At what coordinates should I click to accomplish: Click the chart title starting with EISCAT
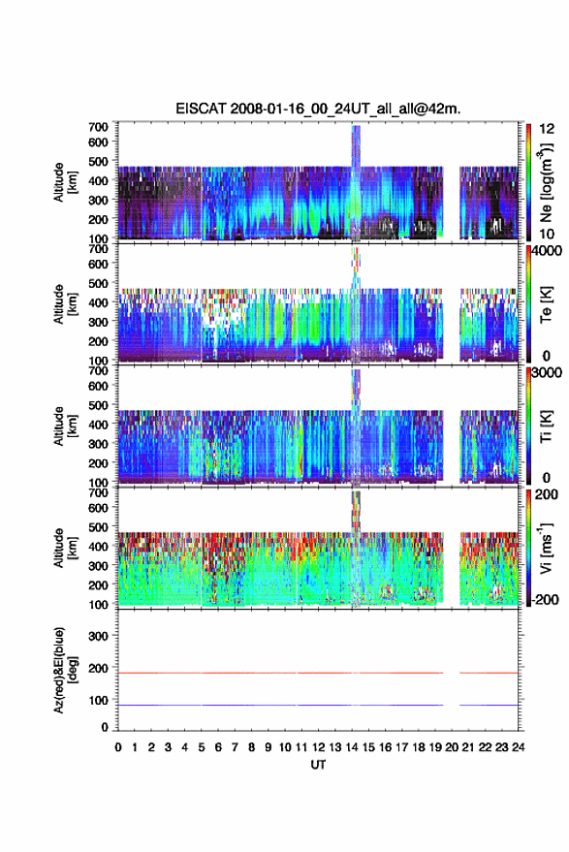tap(318, 109)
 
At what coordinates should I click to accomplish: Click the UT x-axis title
tap(318, 765)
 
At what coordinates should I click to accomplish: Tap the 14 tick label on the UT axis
tap(352, 747)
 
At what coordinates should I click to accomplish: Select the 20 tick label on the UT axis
tap(452, 747)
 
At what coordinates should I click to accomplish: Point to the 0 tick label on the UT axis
tap(118, 747)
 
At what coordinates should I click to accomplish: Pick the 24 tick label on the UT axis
tap(519, 747)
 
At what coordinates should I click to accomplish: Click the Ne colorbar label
tap(546, 182)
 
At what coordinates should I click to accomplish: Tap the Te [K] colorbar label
tap(546, 304)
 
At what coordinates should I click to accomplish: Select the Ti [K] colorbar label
tap(546, 426)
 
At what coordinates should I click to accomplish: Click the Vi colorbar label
tap(546, 548)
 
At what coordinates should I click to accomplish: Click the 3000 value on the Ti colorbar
tap(547, 373)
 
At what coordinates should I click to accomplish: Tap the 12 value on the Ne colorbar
tap(547, 129)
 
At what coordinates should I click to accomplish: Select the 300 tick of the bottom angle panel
tap(98, 636)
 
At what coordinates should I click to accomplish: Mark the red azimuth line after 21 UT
tap(490, 673)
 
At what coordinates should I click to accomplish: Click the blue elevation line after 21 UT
tap(490, 705)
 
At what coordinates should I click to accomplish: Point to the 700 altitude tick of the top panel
tap(98, 127)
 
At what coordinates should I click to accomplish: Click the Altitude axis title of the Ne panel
tap(65, 182)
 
